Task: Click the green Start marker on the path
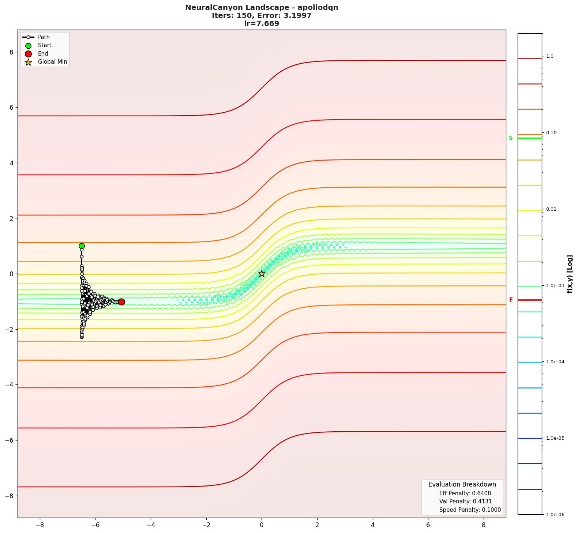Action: [82, 246]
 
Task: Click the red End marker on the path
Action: [121, 302]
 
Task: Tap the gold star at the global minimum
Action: [262, 274]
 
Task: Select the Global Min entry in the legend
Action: [52, 62]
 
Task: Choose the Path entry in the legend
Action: [44, 37]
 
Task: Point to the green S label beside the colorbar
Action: [511, 138]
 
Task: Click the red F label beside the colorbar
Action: [511, 300]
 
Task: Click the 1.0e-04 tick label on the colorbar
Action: [555, 362]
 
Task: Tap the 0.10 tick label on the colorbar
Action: [551, 133]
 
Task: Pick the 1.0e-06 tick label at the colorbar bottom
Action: [555, 515]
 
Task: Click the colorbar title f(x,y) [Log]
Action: [570, 274]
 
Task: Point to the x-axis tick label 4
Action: [372, 525]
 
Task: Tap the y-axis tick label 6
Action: [11, 108]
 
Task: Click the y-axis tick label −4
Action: [9, 385]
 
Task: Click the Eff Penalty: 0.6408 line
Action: [465, 493]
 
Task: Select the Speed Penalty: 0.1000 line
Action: [470, 510]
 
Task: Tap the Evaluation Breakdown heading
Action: [462, 484]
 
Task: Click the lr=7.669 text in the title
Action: [262, 23]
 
